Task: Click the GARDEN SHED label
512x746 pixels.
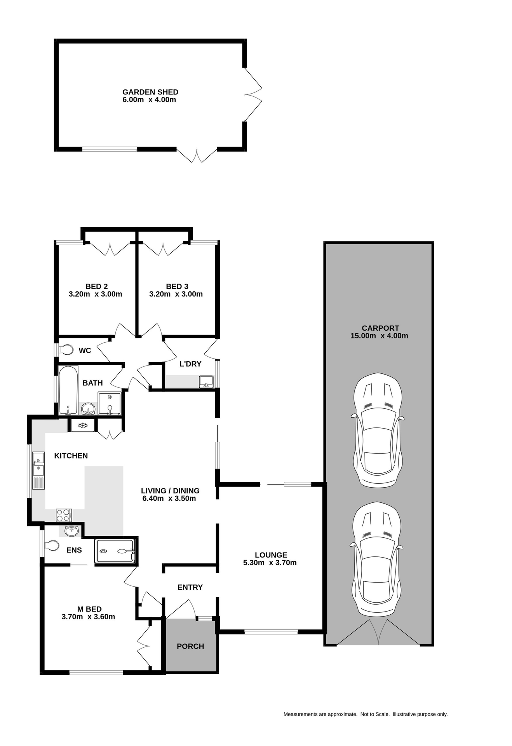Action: click(150, 92)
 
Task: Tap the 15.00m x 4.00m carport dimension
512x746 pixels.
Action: click(379, 336)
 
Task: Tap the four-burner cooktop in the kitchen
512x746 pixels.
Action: click(64, 515)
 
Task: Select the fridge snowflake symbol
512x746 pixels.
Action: click(82, 425)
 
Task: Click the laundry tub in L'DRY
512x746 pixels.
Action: click(206, 382)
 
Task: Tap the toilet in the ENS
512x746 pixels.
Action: click(51, 546)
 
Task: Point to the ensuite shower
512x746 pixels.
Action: click(115, 551)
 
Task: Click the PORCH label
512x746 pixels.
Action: click(190, 646)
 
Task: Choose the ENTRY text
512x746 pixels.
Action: click(190, 587)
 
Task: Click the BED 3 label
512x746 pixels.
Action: click(177, 286)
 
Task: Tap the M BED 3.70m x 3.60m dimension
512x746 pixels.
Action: click(88, 617)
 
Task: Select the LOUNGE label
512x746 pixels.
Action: click(271, 555)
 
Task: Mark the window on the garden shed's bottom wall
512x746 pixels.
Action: click(110, 149)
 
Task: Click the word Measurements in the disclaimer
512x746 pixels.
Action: click(300, 714)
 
